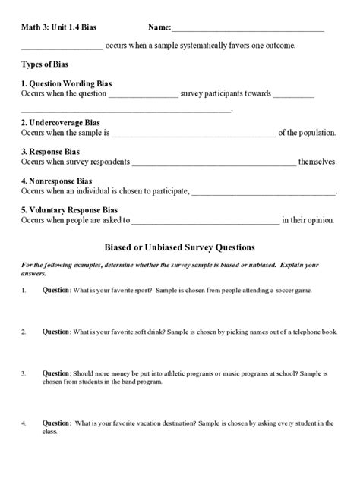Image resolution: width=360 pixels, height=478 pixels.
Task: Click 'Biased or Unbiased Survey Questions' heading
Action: coord(179,247)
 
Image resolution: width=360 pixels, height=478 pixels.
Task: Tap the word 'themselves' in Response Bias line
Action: coord(317,162)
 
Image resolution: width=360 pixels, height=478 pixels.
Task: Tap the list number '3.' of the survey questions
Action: coord(24,373)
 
